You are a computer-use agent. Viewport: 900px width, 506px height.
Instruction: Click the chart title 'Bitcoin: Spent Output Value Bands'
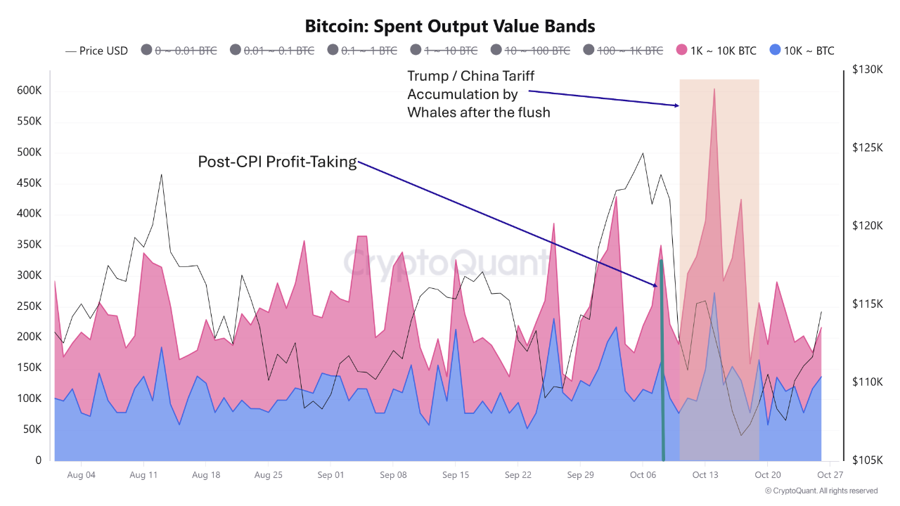click(x=450, y=26)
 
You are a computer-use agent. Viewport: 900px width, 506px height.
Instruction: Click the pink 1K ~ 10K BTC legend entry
click(x=716, y=51)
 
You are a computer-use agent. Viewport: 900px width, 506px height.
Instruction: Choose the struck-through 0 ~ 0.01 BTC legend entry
click(x=179, y=51)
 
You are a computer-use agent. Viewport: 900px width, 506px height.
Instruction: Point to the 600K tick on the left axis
click(x=29, y=91)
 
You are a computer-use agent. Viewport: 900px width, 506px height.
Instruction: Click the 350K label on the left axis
click(x=29, y=245)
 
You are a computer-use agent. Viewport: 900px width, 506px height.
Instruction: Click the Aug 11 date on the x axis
click(x=143, y=475)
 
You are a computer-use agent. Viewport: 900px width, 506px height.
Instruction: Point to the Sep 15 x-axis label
click(x=455, y=475)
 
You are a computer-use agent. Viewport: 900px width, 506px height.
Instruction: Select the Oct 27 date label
click(x=830, y=475)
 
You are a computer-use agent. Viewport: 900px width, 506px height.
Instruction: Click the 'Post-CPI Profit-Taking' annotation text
click(x=277, y=162)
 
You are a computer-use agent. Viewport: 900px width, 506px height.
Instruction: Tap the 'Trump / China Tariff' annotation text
click(x=470, y=76)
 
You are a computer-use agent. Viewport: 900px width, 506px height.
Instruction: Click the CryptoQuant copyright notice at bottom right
click(x=821, y=491)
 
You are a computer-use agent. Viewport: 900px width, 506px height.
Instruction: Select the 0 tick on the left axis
click(x=39, y=460)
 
